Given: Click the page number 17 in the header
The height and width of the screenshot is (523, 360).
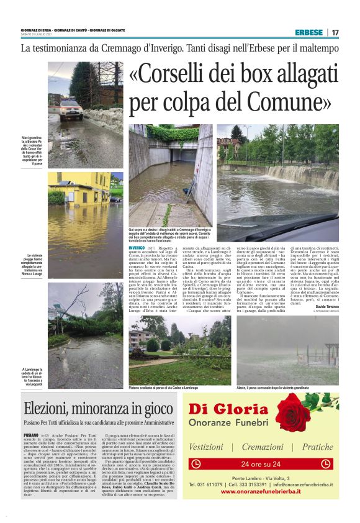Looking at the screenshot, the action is coord(335,32).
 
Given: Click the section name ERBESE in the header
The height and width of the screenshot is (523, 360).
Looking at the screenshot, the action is coord(308,32).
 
